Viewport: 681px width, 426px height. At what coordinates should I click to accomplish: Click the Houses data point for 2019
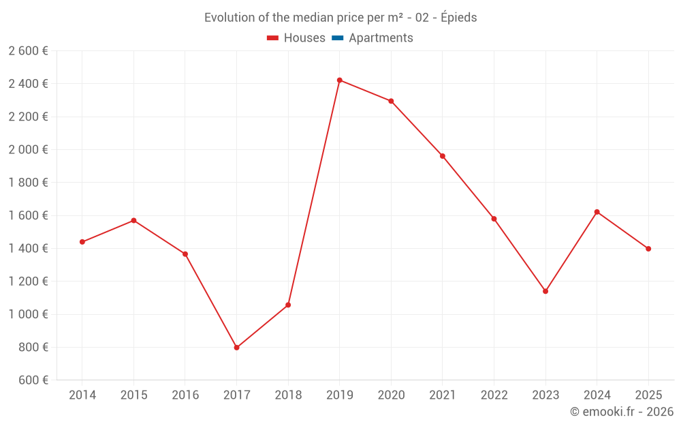tap(339, 80)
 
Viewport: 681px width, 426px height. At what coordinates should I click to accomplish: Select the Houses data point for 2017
tap(236, 348)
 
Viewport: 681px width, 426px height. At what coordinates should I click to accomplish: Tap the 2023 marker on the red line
tap(545, 291)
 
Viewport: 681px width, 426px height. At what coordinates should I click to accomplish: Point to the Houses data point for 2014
tap(82, 242)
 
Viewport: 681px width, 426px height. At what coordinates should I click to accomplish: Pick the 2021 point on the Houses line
tap(443, 156)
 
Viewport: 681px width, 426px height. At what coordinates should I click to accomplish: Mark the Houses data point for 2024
tap(597, 212)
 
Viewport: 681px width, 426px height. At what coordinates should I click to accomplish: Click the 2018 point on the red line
tap(288, 305)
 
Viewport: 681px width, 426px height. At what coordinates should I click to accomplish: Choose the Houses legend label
tap(304, 38)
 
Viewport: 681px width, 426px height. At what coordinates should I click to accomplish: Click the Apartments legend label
tap(381, 38)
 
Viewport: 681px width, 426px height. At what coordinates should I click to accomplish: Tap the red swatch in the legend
tap(272, 38)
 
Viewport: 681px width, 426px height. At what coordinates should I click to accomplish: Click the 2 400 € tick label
tap(28, 84)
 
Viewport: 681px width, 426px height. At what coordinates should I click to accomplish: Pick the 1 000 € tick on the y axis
tap(28, 314)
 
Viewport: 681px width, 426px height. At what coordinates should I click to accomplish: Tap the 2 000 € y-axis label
tap(28, 149)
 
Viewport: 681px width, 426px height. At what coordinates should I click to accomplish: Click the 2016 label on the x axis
tap(185, 395)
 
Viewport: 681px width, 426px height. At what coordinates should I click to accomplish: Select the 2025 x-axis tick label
tap(648, 395)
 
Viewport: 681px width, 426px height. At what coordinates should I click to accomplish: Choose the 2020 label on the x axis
tap(391, 395)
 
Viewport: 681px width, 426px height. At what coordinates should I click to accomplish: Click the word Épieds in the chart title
tap(458, 18)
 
